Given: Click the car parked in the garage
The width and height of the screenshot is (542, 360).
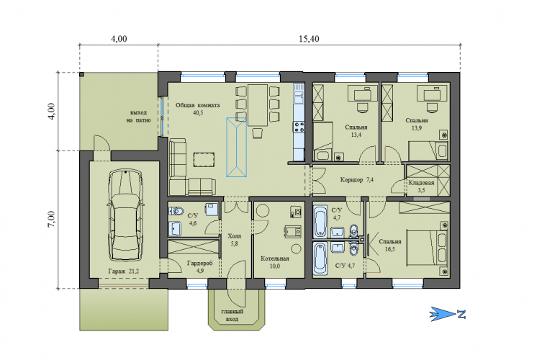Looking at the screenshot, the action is click(x=125, y=215).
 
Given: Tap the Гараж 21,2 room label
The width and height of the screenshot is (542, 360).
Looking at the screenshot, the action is click(x=123, y=271).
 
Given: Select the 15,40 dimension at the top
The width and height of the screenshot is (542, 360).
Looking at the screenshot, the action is click(x=309, y=38).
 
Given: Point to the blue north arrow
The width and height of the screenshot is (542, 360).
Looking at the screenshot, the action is click(x=447, y=314).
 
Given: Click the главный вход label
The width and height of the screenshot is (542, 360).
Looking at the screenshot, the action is click(x=232, y=315).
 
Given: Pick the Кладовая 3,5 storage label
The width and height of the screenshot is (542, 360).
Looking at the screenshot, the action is click(x=421, y=186).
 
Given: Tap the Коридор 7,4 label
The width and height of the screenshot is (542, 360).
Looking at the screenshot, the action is click(x=357, y=180).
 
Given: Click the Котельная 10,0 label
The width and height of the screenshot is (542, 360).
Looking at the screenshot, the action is click(x=275, y=262).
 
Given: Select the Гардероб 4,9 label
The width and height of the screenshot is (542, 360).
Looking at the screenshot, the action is click(x=200, y=267).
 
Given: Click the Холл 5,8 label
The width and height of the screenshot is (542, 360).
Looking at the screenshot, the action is click(x=235, y=240).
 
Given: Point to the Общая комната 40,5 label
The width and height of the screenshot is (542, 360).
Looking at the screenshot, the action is click(x=198, y=109).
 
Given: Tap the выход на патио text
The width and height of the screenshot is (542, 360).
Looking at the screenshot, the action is click(x=138, y=116).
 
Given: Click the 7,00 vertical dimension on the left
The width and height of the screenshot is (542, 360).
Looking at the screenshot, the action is click(x=50, y=220).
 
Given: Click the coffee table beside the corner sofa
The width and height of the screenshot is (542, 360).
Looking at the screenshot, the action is click(x=204, y=160).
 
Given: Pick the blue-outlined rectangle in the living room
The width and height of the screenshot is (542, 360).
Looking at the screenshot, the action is click(x=236, y=148).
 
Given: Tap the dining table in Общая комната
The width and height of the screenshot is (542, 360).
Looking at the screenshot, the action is click(x=258, y=105).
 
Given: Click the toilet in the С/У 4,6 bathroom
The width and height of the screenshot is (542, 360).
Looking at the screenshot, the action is click(x=176, y=210).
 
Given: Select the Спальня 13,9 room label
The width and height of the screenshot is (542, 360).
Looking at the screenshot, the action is click(x=417, y=124).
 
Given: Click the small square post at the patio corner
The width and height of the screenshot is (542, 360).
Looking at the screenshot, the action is click(x=81, y=74).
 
